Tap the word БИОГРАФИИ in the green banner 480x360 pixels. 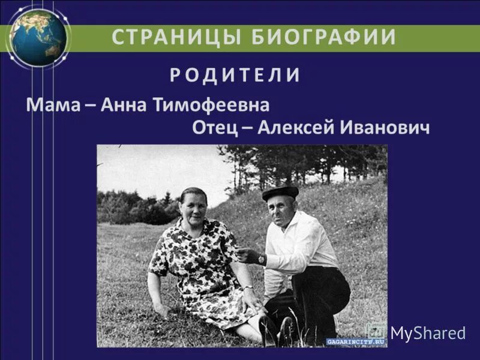[x=324, y=37]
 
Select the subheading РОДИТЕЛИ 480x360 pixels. [x=235, y=75]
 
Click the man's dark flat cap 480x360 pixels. [x=280, y=192]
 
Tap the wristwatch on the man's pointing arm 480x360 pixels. [x=261, y=259]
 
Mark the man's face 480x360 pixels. [x=281, y=212]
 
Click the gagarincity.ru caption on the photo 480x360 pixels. [x=356, y=341]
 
